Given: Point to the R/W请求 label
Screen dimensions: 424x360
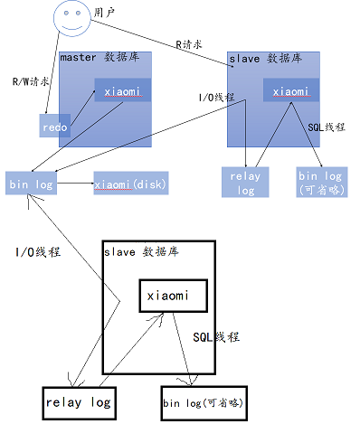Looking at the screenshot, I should pyautogui.click(x=31, y=80).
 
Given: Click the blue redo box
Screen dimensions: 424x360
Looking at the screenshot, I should pyautogui.click(x=53, y=126).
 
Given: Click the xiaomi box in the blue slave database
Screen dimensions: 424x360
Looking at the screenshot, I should pyautogui.click(x=291, y=91).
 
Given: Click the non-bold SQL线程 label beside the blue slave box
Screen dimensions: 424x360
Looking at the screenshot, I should pyautogui.click(x=327, y=128).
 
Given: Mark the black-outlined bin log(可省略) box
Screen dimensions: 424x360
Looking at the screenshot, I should pyautogui.click(x=203, y=401).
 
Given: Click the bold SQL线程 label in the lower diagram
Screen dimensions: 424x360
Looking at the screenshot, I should pyautogui.click(x=216, y=336).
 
